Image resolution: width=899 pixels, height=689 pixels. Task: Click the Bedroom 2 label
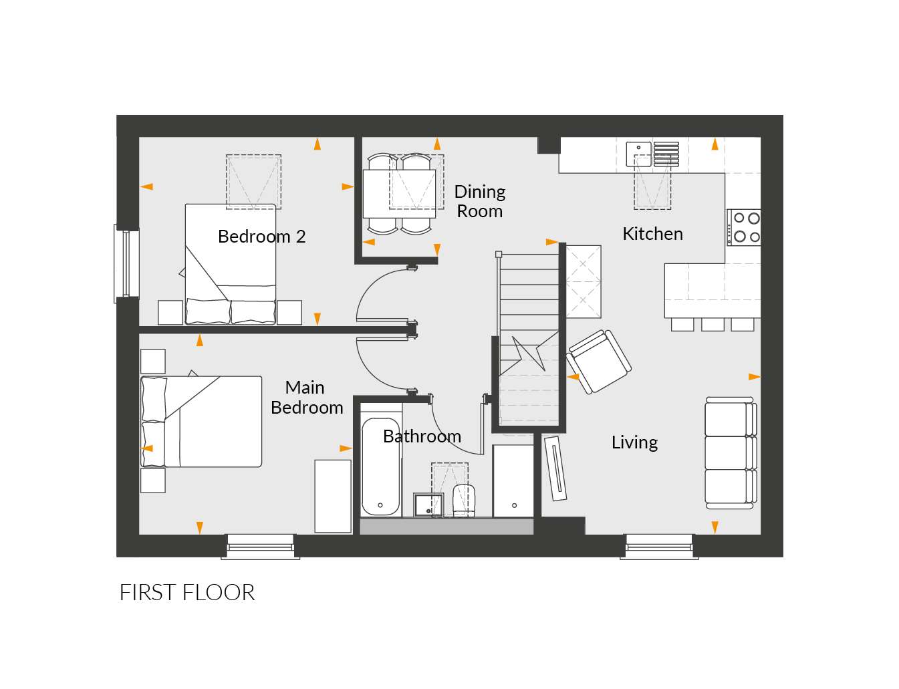pyautogui.click(x=261, y=237)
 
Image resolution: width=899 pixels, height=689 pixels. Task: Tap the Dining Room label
pyautogui.click(x=479, y=201)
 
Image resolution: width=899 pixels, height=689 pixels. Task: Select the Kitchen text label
pyautogui.click(x=652, y=234)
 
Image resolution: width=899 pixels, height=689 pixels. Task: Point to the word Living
pyautogui.click(x=634, y=442)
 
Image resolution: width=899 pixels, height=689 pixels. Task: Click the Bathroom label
pyautogui.click(x=422, y=436)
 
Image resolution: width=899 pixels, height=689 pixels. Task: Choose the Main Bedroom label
pyautogui.click(x=307, y=398)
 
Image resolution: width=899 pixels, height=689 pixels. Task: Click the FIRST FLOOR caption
pyautogui.click(x=187, y=593)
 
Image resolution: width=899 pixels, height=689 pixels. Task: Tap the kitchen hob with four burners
pyautogui.click(x=744, y=228)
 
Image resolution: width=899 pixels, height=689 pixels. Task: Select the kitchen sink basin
pyautogui.click(x=638, y=154)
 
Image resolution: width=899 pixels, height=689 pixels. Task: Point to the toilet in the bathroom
pyautogui.click(x=464, y=501)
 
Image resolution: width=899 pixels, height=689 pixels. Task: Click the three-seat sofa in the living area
pyautogui.click(x=731, y=453)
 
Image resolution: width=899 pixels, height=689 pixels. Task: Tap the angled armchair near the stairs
pyautogui.click(x=598, y=362)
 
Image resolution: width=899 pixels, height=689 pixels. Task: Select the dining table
pyautogui.click(x=399, y=194)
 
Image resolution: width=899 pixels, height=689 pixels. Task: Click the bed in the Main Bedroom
pyautogui.click(x=201, y=422)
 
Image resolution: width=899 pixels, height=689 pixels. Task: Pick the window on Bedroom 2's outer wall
pyautogui.click(x=126, y=264)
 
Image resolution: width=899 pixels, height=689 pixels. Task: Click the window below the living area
pyautogui.click(x=659, y=547)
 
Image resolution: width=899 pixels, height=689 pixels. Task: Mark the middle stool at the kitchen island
pyautogui.click(x=713, y=325)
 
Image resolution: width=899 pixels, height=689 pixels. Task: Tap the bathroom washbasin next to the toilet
pyautogui.click(x=428, y=505)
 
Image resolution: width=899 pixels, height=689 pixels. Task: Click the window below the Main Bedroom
pyautogui.click(x=260, y=547)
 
